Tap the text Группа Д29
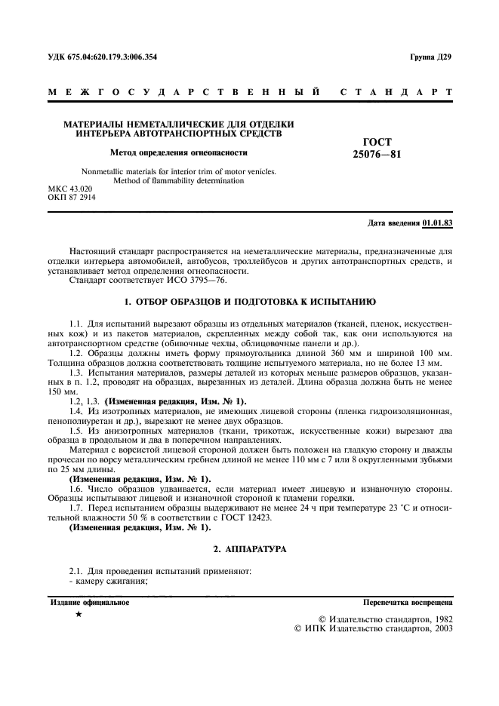[431, 57]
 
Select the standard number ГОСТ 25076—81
[371, 148]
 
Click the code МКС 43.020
[69, 188]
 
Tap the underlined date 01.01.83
[438, 224]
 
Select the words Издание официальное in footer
[89, 603]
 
